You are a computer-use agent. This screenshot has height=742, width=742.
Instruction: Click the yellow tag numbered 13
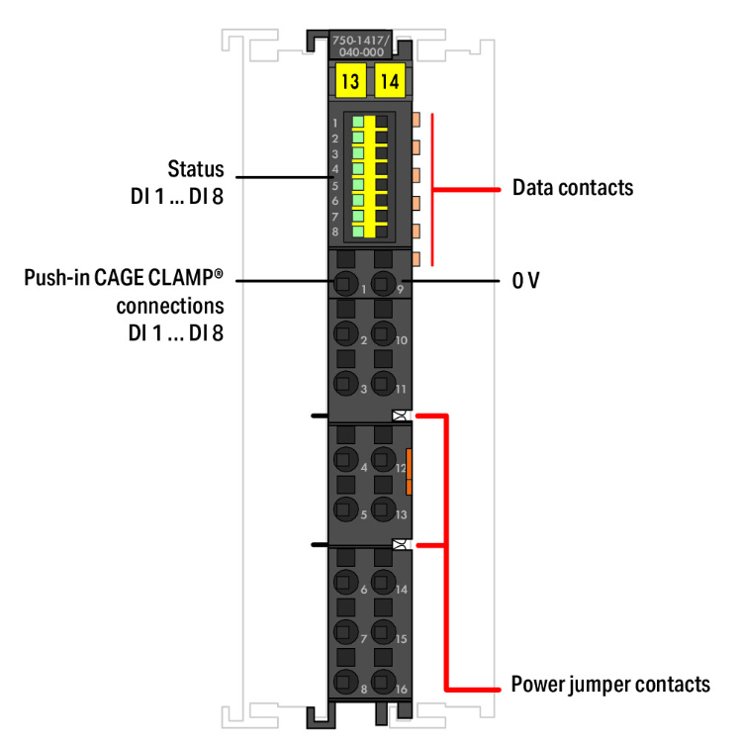click(x=350, y=81)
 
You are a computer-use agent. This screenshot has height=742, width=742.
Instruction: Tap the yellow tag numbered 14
click(x=390, y=81)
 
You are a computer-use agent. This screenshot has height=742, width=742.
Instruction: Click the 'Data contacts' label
click(x=573, y=187)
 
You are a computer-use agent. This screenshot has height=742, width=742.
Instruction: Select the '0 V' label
click(x=525, y=281)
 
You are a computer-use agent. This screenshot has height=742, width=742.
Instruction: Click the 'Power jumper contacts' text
click(x=610, y=685)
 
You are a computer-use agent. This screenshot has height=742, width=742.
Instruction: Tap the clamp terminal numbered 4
click(x=344, y=458)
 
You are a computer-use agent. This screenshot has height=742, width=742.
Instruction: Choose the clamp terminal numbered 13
click(x=382, y=509)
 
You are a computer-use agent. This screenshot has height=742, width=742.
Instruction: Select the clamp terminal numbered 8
click(x=344, y=682)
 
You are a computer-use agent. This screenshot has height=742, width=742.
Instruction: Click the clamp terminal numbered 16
click(x=382, y=682)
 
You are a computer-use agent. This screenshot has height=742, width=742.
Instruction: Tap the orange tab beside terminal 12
click(x=408, y=471)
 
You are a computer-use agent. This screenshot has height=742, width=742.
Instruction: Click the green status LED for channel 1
click(x=357, y=122)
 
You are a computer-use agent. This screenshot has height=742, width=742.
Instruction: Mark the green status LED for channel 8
click(x=357, y=231)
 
